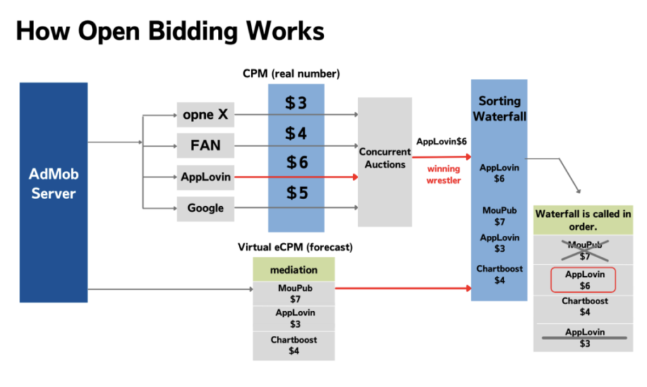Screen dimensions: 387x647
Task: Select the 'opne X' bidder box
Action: [205, 114]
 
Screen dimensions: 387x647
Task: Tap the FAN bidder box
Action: [205, 145]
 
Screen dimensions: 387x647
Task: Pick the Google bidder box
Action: [205, 208]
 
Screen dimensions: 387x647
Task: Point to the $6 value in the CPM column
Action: [296, 163]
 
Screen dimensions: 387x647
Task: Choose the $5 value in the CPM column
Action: [296, 193]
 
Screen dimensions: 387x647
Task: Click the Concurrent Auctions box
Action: [385, 159]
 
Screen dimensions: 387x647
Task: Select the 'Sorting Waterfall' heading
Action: [499, 109]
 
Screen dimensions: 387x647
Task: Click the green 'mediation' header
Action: [294, 270]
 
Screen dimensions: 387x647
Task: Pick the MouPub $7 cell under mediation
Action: [294, 293]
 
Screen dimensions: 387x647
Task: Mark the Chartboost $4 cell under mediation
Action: [294, 345]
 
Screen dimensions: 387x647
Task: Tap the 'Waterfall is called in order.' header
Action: [583, 219]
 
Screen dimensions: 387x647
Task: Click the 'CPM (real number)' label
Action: [291, 74]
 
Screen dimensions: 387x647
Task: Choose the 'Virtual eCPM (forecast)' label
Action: [295, 246]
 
